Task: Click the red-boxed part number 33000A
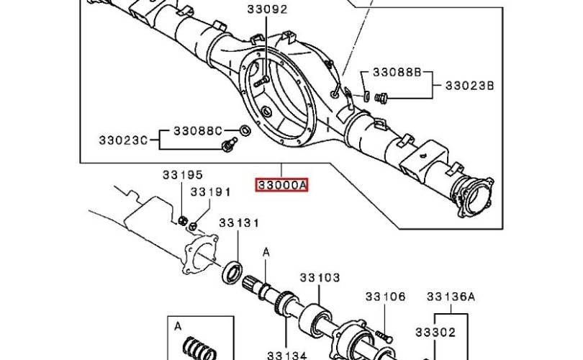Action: coord(281,185)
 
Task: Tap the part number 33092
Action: coord(267,9)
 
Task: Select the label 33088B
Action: coord(397,72)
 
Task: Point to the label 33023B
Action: coord(470,86)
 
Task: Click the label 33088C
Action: coord(198,131)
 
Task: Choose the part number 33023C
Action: coord(123,140)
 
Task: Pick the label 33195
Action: coord(183,175)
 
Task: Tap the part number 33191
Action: coord(211,192)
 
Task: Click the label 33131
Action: coord(239,222)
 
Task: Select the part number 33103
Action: coord(320,277)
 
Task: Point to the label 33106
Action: coord(385,297)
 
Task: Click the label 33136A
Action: coord(451,297)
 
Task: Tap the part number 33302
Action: coord(435,332)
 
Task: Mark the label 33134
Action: coord(287,355)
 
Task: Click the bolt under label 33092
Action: coord(263,81)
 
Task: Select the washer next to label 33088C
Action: coord(245,130)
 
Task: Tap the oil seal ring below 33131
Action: coord(232,273)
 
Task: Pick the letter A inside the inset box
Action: coord(178,326)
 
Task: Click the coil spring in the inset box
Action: coord(199,349)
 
